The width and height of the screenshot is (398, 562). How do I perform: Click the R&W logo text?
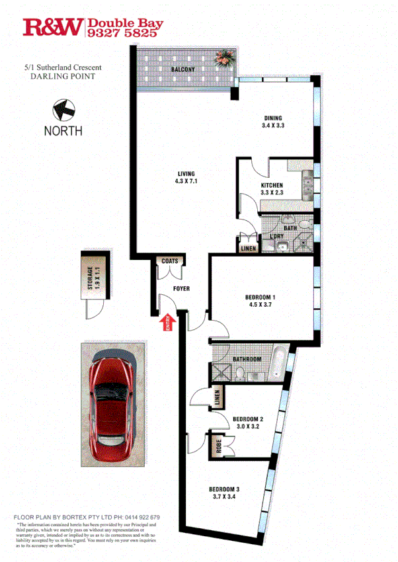pos(54,27)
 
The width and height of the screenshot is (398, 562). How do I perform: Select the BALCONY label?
pos(182,69)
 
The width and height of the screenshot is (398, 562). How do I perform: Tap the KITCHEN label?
pos(271,185)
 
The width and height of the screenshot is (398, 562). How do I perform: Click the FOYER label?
pos(181,289)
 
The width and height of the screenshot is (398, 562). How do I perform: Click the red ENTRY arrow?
pos(167,322)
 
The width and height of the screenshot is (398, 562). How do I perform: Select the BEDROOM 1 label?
pos(260,298)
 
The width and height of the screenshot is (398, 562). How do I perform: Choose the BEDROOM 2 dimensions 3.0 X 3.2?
pos(248,427)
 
